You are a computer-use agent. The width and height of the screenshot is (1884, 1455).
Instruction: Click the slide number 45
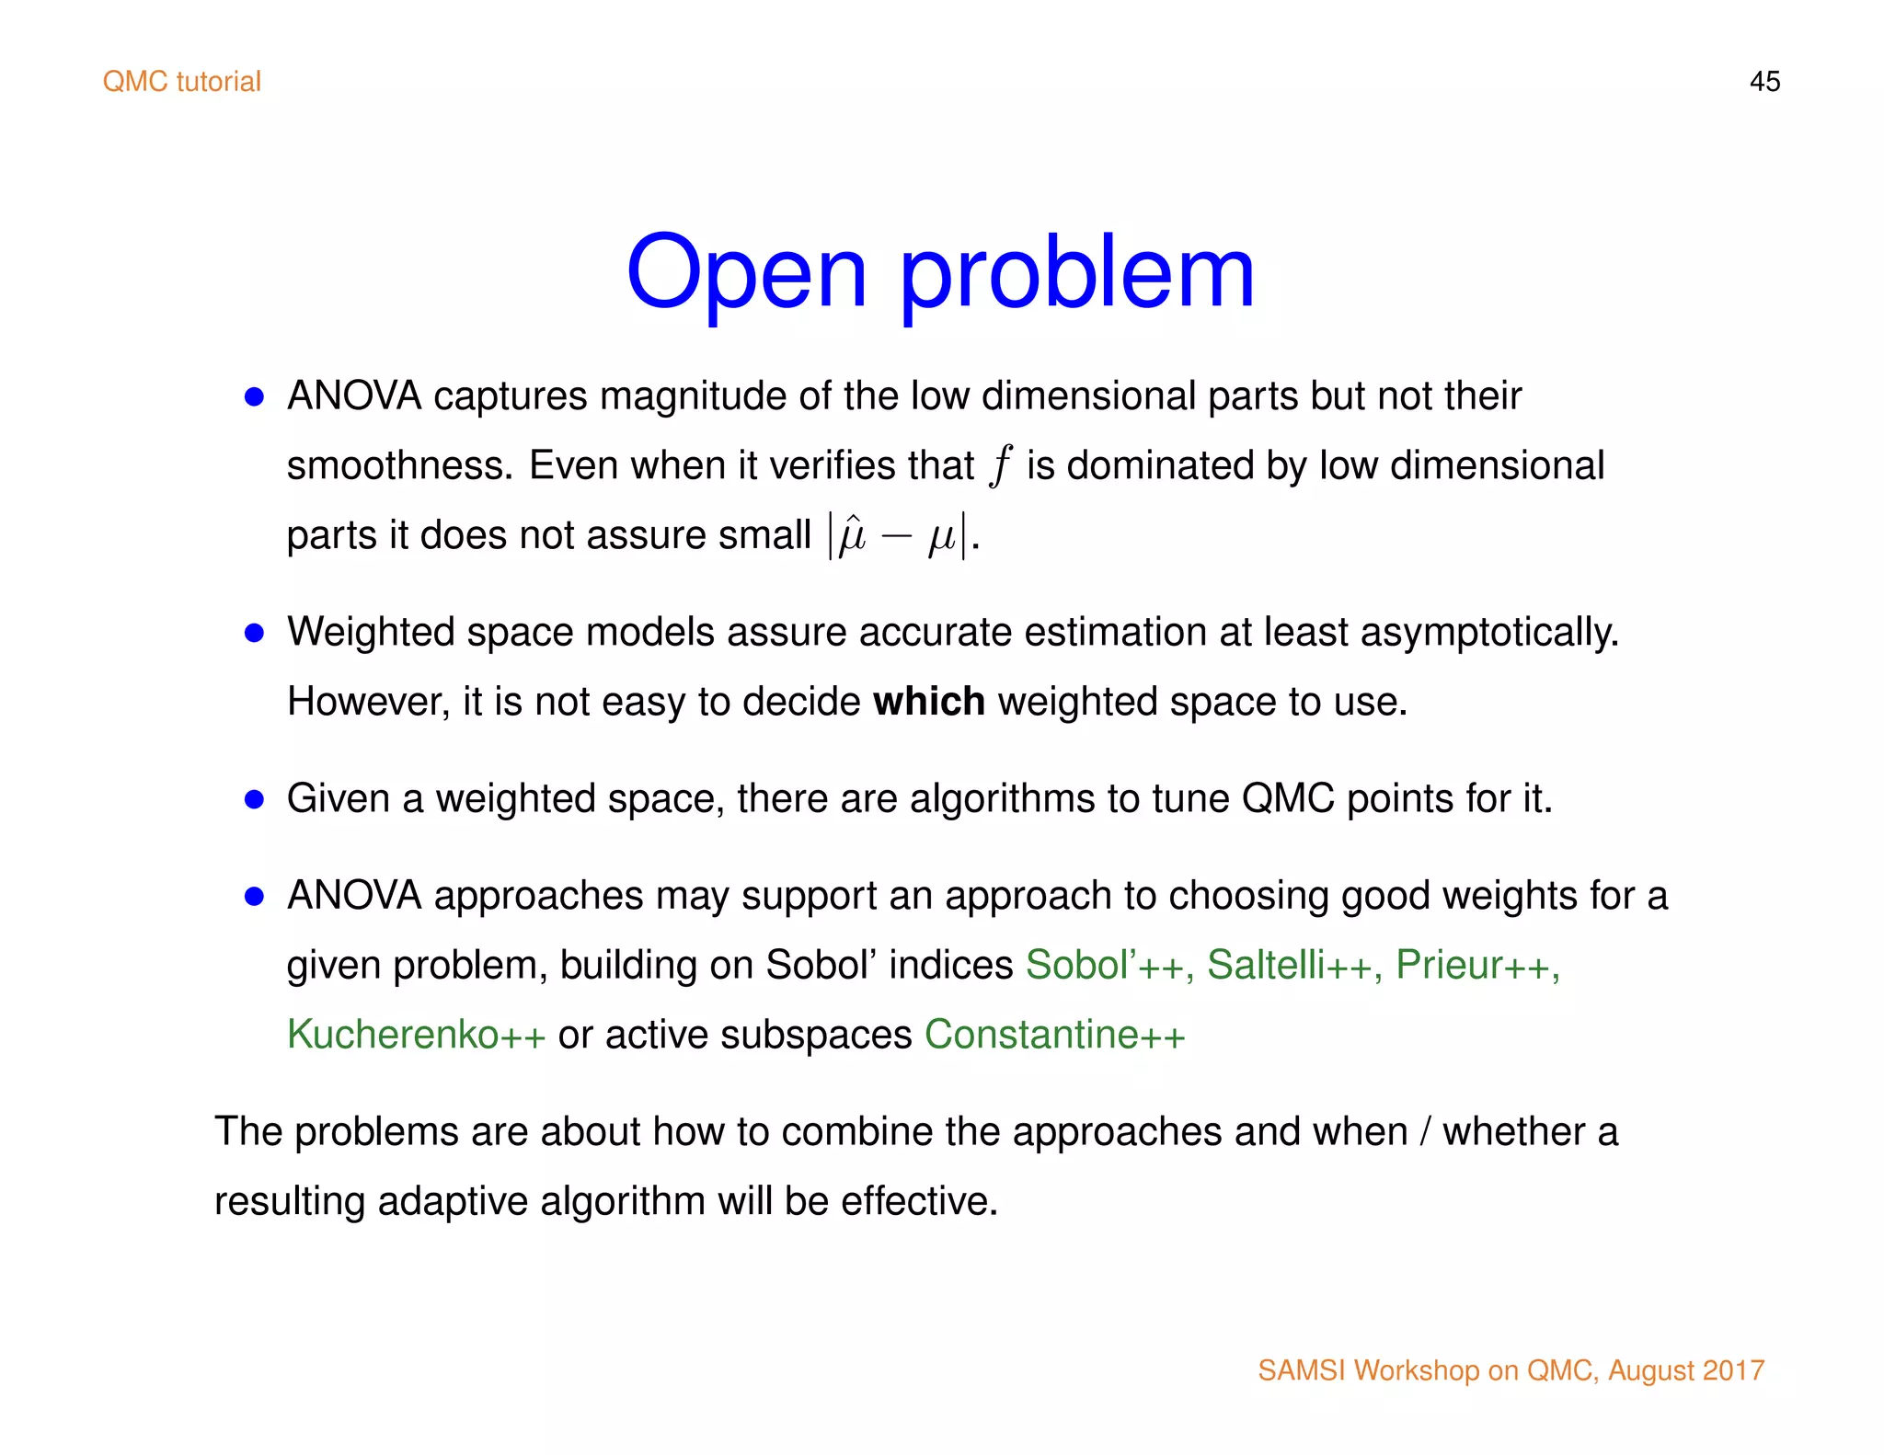coord(1763,82)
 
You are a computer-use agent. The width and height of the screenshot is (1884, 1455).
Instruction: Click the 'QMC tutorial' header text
coord(182,82)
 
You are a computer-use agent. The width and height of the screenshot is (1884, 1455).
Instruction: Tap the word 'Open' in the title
coord(746,273)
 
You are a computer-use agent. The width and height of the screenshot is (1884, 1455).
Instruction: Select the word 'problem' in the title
coord(1076,273)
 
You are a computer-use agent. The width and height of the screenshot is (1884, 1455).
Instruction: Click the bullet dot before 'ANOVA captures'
coord(255,397)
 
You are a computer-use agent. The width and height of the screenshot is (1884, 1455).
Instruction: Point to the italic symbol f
coord(1000,465)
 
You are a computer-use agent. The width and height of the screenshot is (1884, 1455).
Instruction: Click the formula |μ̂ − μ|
coord(897,536)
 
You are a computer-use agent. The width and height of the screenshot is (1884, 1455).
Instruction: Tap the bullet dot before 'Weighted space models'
coord(255,633)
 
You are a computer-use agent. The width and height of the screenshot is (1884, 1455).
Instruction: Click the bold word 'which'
coord(928,702)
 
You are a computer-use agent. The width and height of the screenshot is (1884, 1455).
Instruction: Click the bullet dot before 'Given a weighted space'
coord(255,799)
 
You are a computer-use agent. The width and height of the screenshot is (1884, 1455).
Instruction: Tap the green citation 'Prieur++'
coord(1476,965)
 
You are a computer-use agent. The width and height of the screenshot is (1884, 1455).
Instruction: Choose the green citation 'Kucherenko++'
coord(416,1035)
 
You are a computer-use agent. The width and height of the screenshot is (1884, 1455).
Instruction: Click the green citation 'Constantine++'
coord(1054,1035)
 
